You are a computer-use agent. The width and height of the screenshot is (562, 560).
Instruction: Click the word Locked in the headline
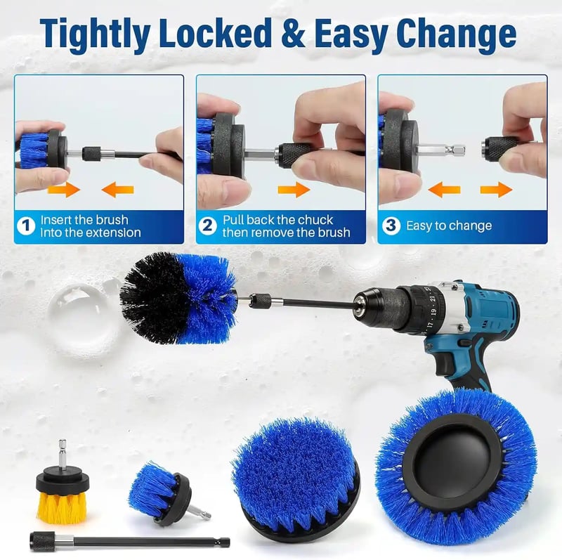pos(215,33)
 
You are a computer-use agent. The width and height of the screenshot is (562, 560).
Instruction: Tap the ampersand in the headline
pos(293,33)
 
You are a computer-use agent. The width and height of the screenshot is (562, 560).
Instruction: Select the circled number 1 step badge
pos(26,226)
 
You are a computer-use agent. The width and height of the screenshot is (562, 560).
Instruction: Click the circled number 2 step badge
pos(207,226)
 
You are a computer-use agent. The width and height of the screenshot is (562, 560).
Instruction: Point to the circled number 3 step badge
pos(391,226)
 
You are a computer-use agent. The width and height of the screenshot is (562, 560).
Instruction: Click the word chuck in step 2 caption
pos(315,219)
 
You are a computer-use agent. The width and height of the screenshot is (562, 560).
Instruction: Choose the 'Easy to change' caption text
pos(449,226)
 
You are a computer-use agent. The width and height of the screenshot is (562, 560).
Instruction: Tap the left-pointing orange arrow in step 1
pos(117,189)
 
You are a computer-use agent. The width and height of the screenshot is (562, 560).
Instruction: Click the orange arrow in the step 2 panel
pos(294,189)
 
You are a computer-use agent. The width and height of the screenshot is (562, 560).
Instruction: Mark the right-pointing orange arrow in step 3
pos(497,189)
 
